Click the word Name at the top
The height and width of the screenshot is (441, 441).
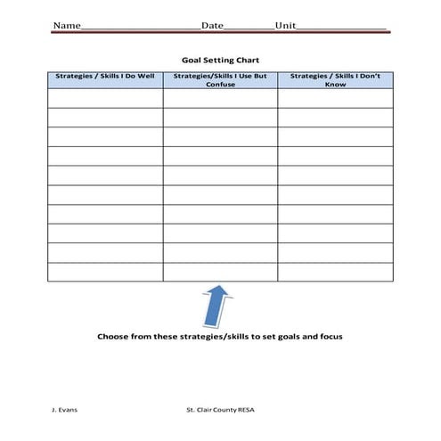(66, 25)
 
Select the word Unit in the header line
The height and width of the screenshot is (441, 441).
(285, 25)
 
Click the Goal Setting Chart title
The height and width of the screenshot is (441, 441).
(220, 60)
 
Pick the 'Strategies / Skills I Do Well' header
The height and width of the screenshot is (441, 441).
(105, 77)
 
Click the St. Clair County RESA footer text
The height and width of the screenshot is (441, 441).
(220, 411)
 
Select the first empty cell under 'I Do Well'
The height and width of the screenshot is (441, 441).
(105, 98)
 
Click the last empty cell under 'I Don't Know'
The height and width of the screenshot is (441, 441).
(335, 272)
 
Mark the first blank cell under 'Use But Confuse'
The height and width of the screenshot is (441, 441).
(220, 98)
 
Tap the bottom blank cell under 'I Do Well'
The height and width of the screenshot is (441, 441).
(105, 272)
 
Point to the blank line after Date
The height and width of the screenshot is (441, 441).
(249, 27)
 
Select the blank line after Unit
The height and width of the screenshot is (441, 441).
(342, 27)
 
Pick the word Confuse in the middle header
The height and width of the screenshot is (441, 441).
(220, 85)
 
